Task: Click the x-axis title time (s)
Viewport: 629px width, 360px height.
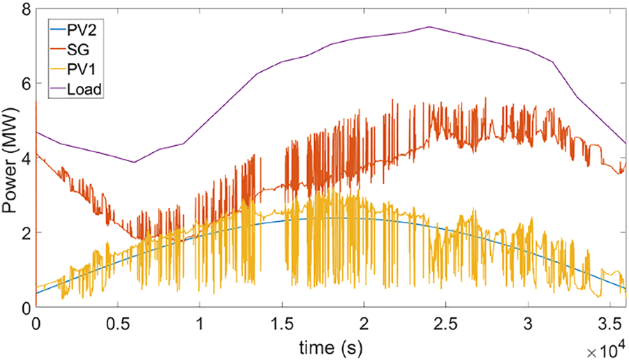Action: coord(330,347)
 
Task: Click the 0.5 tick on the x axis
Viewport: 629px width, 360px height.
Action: coord(117,324)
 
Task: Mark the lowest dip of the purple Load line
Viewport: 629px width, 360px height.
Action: coord(134,162)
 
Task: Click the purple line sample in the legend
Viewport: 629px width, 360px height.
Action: coord(54,89)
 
